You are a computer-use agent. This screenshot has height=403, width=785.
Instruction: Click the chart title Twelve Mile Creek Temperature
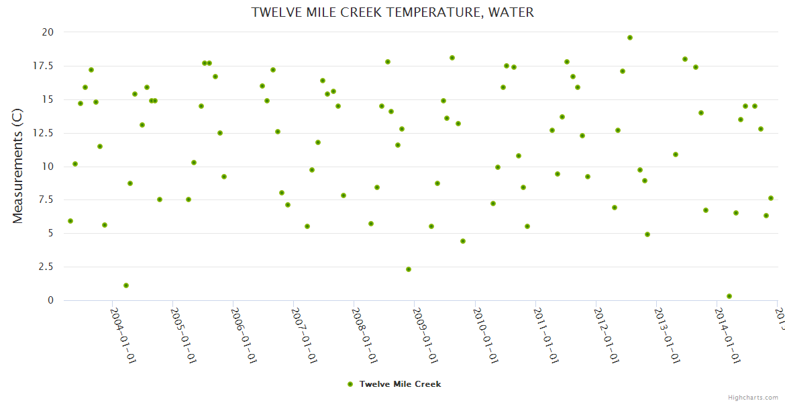[x=392, y=12]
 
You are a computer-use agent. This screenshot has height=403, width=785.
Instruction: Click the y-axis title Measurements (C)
[x=18, y=166]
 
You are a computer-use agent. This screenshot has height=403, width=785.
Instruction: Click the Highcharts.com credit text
[x=753, y=398]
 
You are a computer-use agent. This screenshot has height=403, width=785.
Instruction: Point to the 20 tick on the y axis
[x=47, y=32]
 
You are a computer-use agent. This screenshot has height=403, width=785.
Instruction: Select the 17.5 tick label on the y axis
[x=42, y=66]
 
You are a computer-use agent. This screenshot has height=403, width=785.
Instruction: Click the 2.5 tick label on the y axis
[x=45, y=267]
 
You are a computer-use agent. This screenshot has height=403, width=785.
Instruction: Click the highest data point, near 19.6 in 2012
[x=630, y=38]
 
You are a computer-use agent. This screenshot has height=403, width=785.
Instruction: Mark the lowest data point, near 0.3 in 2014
[x=729, y=296]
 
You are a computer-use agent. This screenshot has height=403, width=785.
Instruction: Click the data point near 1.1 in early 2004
[x=126, y=285]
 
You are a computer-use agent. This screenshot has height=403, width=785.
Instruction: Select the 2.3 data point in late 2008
[x=409, y=269]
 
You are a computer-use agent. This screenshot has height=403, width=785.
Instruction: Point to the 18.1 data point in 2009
[x=452, y=58]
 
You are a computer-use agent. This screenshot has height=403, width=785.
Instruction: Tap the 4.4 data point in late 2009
[x=463, y=241]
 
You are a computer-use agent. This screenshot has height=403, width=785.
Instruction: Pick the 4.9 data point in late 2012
[x=647, y=234]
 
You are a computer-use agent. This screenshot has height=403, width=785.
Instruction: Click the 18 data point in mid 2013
[x=685, y=59]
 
